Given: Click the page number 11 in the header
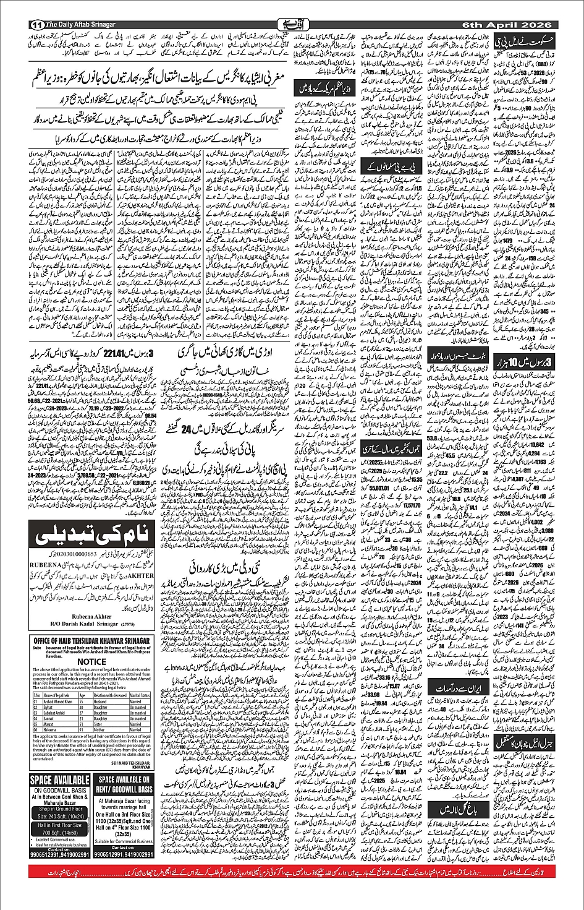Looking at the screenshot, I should tap(35, 24).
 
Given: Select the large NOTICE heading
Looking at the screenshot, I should tap(91, 662).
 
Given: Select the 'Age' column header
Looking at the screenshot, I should tap(82, 695).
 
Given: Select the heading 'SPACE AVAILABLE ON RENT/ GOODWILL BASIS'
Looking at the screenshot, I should tap(124, 786).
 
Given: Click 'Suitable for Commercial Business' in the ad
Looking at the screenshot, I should tap(124, 841).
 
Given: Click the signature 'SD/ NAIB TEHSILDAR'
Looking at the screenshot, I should tap(132, 763).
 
